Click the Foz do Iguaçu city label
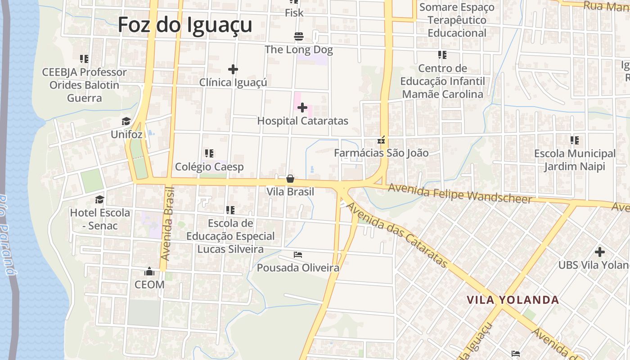click(x=184, y=24)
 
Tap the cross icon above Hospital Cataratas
click(x=302, y=108)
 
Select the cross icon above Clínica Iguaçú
click(x=233, y=69)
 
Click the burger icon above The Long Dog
click(x=298, y=36)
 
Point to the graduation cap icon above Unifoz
click(x=126, y=121)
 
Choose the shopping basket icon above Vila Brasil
click(x=290, y=179)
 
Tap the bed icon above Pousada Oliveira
click(x=298, y=255)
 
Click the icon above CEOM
click(x=149, y=271)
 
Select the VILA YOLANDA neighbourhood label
click(x=513, y=300)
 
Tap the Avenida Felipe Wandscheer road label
click(x=460, y=193)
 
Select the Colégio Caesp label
click(x=209, y=167)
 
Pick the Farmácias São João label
click(x=381, y=153)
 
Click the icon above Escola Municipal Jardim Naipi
click(x=575, y=140)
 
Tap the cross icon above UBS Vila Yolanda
click(x=599, y=252)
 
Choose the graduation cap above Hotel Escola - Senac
click(x=99, y=199)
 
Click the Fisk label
click(x=294, y=13)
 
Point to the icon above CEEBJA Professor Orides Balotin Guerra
click(x=84, y=59)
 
